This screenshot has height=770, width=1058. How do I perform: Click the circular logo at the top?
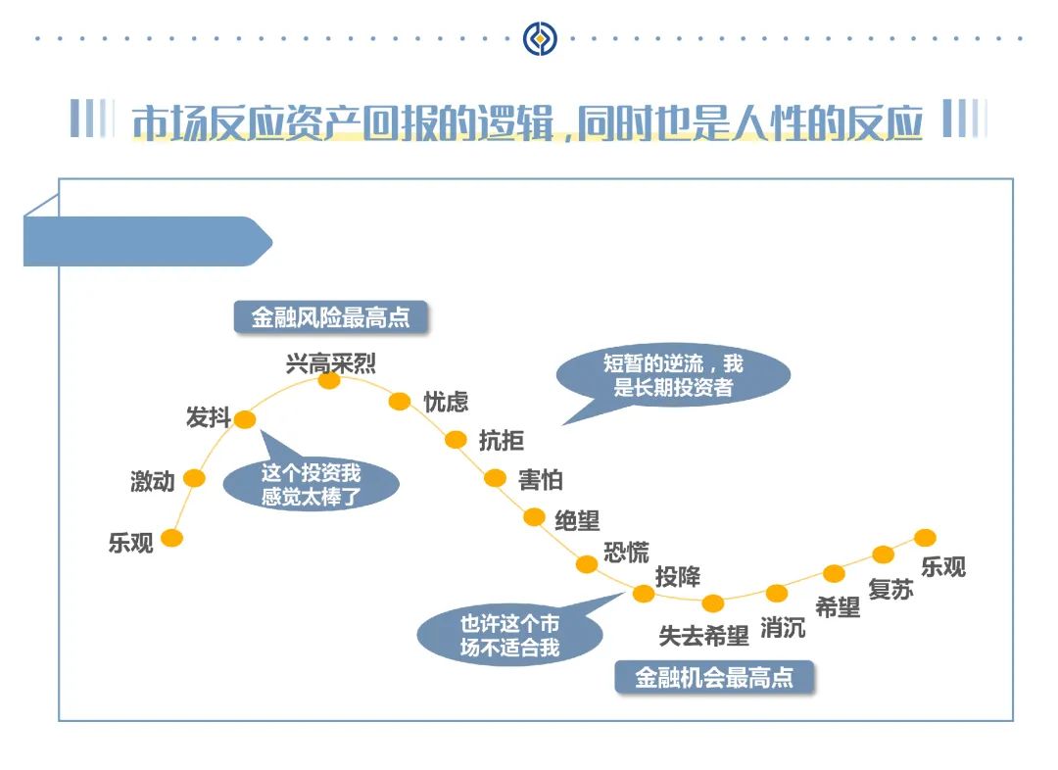point(539,39)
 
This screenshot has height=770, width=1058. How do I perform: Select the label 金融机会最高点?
point(714,677)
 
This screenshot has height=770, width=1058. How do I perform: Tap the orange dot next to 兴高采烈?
point(329,380)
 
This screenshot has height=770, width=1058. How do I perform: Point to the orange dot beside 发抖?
point(245,419)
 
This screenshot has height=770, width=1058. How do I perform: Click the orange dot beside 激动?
point(195,478)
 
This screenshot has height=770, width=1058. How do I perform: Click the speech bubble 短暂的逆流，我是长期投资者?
point(673,376)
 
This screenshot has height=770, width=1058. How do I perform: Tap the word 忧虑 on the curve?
point(446,402)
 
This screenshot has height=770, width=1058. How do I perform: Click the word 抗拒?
point(502,441)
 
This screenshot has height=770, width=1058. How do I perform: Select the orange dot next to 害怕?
point(496,478)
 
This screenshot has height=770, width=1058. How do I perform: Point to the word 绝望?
point(577,519)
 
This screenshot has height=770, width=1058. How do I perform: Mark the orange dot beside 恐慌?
point(587,563)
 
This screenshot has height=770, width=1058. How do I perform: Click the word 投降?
point(678,576)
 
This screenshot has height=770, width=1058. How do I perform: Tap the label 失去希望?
point(703,635)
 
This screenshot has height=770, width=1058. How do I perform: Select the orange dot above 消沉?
point(777,593)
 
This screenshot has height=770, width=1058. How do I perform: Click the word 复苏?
point(890,590)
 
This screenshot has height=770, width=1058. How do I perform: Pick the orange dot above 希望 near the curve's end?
point(835,573)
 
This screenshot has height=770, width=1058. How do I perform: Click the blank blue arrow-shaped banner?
point(147,242)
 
